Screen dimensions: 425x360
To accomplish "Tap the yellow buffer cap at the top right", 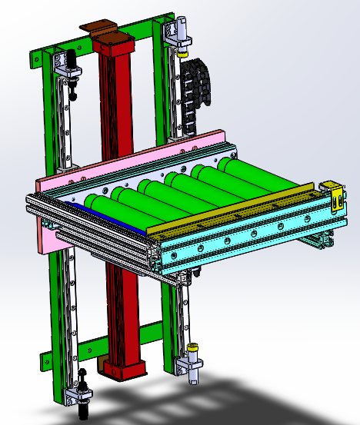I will (x=183, y=53).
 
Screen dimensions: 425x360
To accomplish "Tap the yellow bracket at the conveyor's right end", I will (x=333, y=197).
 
